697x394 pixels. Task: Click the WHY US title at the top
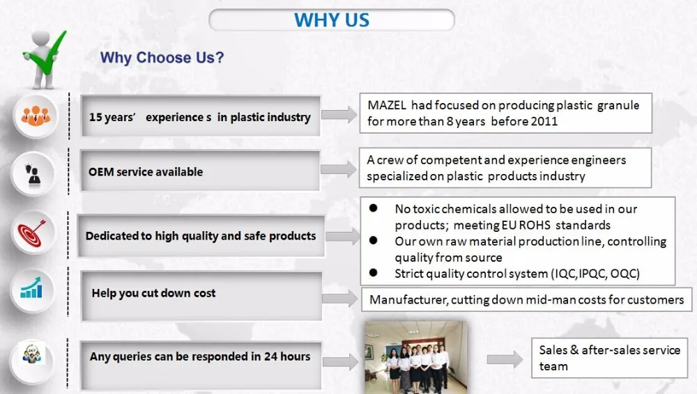tap(332, 20)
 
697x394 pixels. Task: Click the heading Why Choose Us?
tap(162, 58)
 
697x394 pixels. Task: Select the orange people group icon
tap(36, 116)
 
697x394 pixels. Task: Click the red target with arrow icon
tap(31, 233)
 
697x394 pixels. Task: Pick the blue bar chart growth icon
tap(31, 288)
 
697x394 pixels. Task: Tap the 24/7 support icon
tap(31, 355)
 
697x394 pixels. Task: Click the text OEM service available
tap(146, 172)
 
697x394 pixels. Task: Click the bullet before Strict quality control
tap(373, 273)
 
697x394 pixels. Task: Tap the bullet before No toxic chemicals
tap(373, 208)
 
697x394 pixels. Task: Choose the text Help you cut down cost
tap(153, 293)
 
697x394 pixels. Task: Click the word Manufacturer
tap(408, 300)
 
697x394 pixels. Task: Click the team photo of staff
tap(415, 358)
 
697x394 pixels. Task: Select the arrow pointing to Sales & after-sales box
tap(505, 359)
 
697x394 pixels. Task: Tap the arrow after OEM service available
tap(339, 169)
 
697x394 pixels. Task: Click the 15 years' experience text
tap(199, 117)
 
